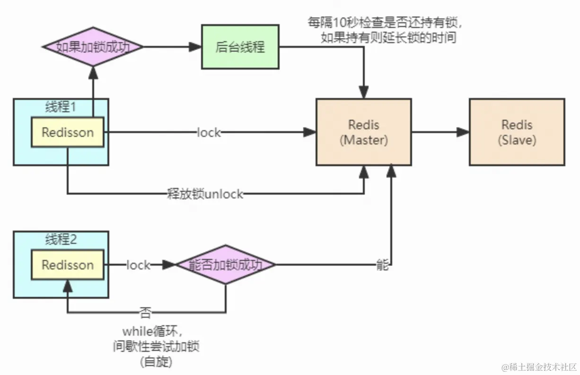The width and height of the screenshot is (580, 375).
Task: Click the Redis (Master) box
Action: pos(363,132)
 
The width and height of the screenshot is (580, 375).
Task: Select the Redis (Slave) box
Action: pos(517,132)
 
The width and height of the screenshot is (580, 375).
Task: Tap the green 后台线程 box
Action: pos(240,47)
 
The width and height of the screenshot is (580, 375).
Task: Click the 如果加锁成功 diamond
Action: pos(93,47)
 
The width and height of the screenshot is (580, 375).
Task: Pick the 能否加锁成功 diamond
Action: pos(225,265)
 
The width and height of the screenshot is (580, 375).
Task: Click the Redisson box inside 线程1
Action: pos(68,132)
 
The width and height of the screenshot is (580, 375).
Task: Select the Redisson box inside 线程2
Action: pos(68,265)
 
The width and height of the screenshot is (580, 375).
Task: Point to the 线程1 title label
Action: pos(61,107)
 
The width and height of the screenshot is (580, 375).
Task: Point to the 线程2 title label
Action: pos(61,240)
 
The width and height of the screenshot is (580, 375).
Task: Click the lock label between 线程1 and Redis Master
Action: pos(209,133)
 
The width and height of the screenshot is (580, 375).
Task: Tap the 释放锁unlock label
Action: pos(205,194)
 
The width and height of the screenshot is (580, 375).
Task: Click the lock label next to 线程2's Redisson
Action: pos(138,265)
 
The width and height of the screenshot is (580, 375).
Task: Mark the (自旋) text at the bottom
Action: pos(156,362)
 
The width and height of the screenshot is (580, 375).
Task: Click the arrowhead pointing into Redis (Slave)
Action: pos(464,132)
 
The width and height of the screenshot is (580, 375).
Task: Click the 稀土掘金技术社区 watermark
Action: pos(539,367)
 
